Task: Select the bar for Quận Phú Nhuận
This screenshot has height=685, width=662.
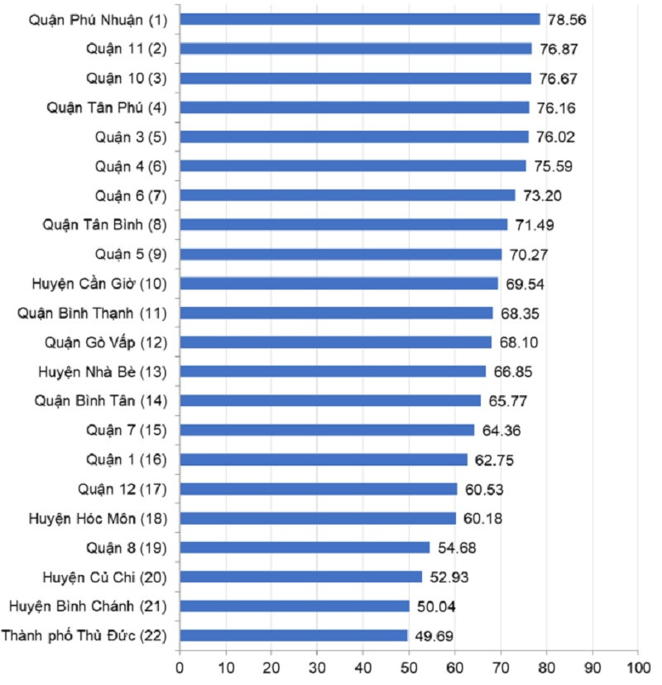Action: pos(360,19)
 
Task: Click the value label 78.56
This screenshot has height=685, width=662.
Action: pos(567,19)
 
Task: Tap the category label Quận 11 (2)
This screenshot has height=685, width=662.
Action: pos(126,48)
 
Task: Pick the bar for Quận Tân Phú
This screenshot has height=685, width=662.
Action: pos(354,108)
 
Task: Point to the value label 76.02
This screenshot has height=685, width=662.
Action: pos(555,137)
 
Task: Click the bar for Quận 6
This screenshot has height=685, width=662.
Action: pos(348,195)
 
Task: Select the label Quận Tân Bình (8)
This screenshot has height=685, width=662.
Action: pos(105,224)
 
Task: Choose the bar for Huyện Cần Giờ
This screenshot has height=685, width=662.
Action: pos(339,283)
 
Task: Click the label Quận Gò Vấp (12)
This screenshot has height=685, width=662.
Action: pos(107,342)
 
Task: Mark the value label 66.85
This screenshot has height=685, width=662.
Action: pos(513,371)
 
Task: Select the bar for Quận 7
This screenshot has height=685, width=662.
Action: pos(327,430)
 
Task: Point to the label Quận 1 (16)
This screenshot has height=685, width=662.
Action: pos(126,459)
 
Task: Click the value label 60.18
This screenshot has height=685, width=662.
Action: pos(482,518)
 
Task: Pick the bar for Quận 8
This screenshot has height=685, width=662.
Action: pos(305,548)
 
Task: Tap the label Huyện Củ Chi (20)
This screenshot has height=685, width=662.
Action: pos(104,577)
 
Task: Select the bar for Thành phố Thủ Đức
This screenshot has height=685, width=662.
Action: pos(294,635)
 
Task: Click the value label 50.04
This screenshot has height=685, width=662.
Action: pos(436,606)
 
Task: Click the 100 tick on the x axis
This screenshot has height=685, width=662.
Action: pos(637,663)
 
